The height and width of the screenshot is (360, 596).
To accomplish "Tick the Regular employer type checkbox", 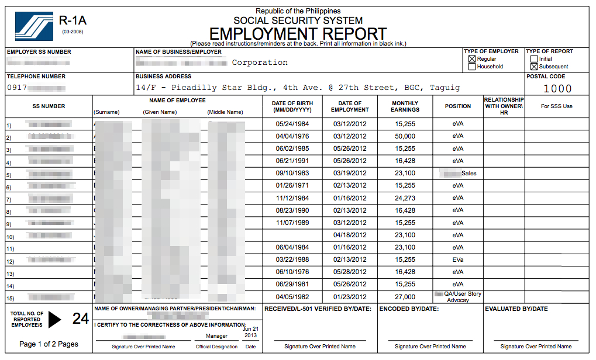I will pyautogui.click(x=472, y=59).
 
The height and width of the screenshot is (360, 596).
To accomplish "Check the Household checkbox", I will pyautogui.click(x=472, y=67).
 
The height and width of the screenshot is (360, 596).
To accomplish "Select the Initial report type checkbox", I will pyautogui.click(x=533, y=59).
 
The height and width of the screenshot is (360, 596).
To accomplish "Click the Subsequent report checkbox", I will pyautogui.click(x=533, y=67).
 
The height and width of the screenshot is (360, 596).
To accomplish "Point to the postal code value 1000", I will pyautogui.click(x=557, y=89).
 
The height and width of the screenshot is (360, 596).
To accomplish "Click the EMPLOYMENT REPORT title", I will pyautogui.click(x=298, y=33).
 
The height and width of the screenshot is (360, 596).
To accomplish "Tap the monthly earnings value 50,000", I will pyautogui.click(x=405, y=136).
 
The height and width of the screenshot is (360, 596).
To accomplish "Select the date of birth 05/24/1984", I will pyautogui.click(x=292, y=124).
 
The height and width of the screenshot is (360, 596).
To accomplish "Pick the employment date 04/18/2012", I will pyautogui.click(x=350, y=235).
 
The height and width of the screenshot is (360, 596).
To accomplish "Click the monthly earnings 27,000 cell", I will pyautogui.click(x=405, y=297).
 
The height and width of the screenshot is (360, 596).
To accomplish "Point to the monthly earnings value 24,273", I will pyautogui.click(x=405, y=198).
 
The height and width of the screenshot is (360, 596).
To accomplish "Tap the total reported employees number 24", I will pyautogui.click(x=81, y=319).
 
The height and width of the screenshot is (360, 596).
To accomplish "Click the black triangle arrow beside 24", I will pyautogui.click(x=54, y=319).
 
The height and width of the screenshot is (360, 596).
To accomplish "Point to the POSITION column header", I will pyautogui.click(x=458, y=106).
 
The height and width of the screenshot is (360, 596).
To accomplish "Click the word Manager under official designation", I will pyautogui.click(x=216, y=336).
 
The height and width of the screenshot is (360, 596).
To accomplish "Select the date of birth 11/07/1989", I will pyautogui.click(x=292, y=223).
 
